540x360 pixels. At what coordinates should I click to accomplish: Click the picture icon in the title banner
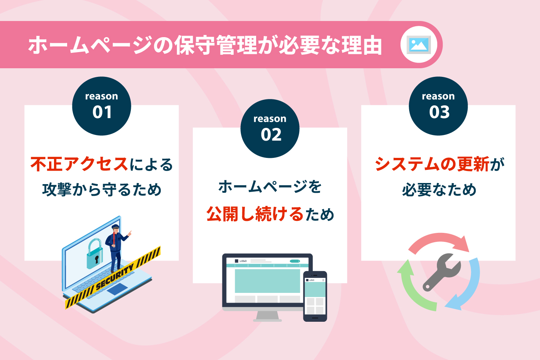point(419,45)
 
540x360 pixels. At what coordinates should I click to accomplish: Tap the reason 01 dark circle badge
point(102,106)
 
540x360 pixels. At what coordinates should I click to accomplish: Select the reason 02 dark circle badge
point(270,129)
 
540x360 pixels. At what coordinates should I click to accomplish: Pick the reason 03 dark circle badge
point(438,106)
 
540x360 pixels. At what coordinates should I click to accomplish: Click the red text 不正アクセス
point(79,164)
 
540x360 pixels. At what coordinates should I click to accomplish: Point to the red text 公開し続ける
point(255,214)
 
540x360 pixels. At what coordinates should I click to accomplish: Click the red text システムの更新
point(432,164)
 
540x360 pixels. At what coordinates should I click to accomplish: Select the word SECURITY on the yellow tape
point(115,277)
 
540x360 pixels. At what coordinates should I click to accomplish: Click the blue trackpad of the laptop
point(117,289)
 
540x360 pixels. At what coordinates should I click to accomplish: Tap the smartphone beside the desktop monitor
point(315,296)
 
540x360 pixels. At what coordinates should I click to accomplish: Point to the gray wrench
point(442,272)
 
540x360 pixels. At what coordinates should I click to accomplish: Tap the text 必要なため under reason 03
point(439,189)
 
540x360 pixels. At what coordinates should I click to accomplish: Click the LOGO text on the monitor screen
point(243,261)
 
